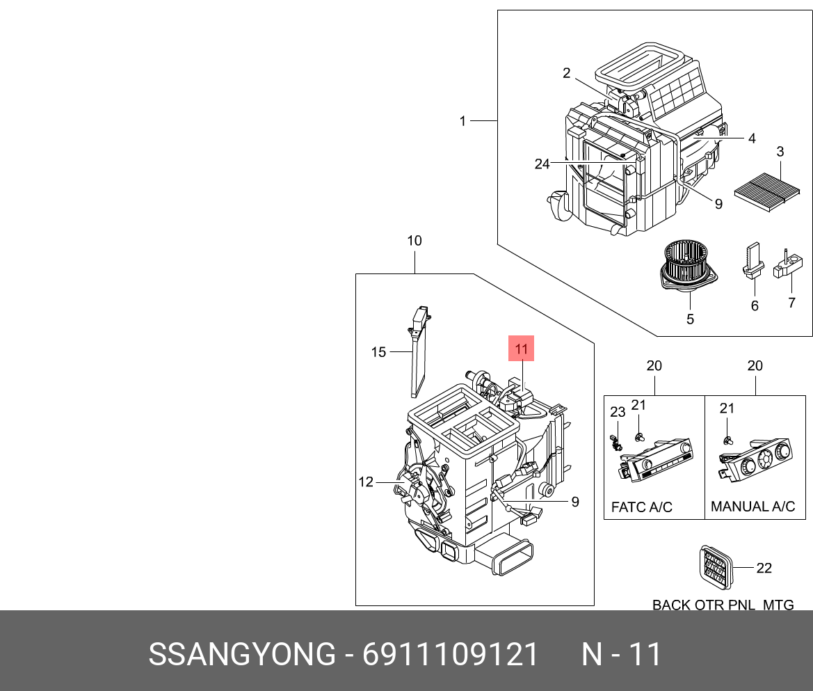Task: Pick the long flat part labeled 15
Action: point(419,351)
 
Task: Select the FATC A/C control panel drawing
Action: point(655,460)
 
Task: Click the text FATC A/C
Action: point(641,507)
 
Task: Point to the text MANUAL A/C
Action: point(752,507)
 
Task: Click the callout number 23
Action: point(618,412)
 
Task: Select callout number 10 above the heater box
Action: point(414,241)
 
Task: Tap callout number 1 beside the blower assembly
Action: point(462,121)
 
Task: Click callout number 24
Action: point(542,164)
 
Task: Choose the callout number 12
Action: point(366,482)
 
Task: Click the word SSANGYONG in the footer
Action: point(242,655)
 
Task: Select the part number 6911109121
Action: point(451,655)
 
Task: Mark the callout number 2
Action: point(567,73)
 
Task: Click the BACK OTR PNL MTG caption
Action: point(723,605)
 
